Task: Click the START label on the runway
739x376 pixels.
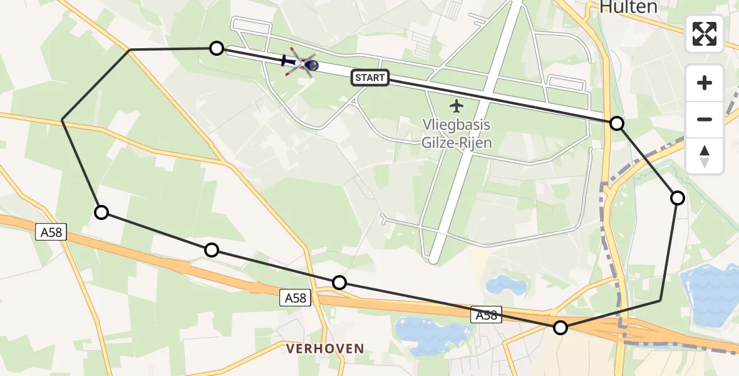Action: tap(370, 78)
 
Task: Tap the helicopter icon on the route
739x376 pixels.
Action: tap(302, 63)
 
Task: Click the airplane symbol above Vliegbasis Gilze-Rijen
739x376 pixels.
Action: tap(457, 105)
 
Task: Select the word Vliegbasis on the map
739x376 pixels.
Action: tap(455, 125)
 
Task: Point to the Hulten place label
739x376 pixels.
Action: tap(628, 8)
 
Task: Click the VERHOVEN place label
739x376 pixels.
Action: tap(325, 348)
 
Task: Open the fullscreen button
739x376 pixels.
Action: tap(705, 34)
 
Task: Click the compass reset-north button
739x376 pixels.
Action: tap(705, 156)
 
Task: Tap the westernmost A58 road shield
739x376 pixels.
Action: tap(51, 232)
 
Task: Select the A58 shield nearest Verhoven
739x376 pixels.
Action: tap(295, 298)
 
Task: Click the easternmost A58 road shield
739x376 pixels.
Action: tap(487, 315)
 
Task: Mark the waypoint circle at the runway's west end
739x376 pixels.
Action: tap(216, 48)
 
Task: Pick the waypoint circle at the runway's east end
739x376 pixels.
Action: tap(617, 123)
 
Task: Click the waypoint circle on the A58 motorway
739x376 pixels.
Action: tap(561, 327)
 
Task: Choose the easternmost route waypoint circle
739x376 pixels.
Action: tap(678, 198)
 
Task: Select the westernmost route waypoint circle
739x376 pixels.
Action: tap(101, 212)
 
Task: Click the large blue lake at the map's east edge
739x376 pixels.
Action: tap(714, 295)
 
